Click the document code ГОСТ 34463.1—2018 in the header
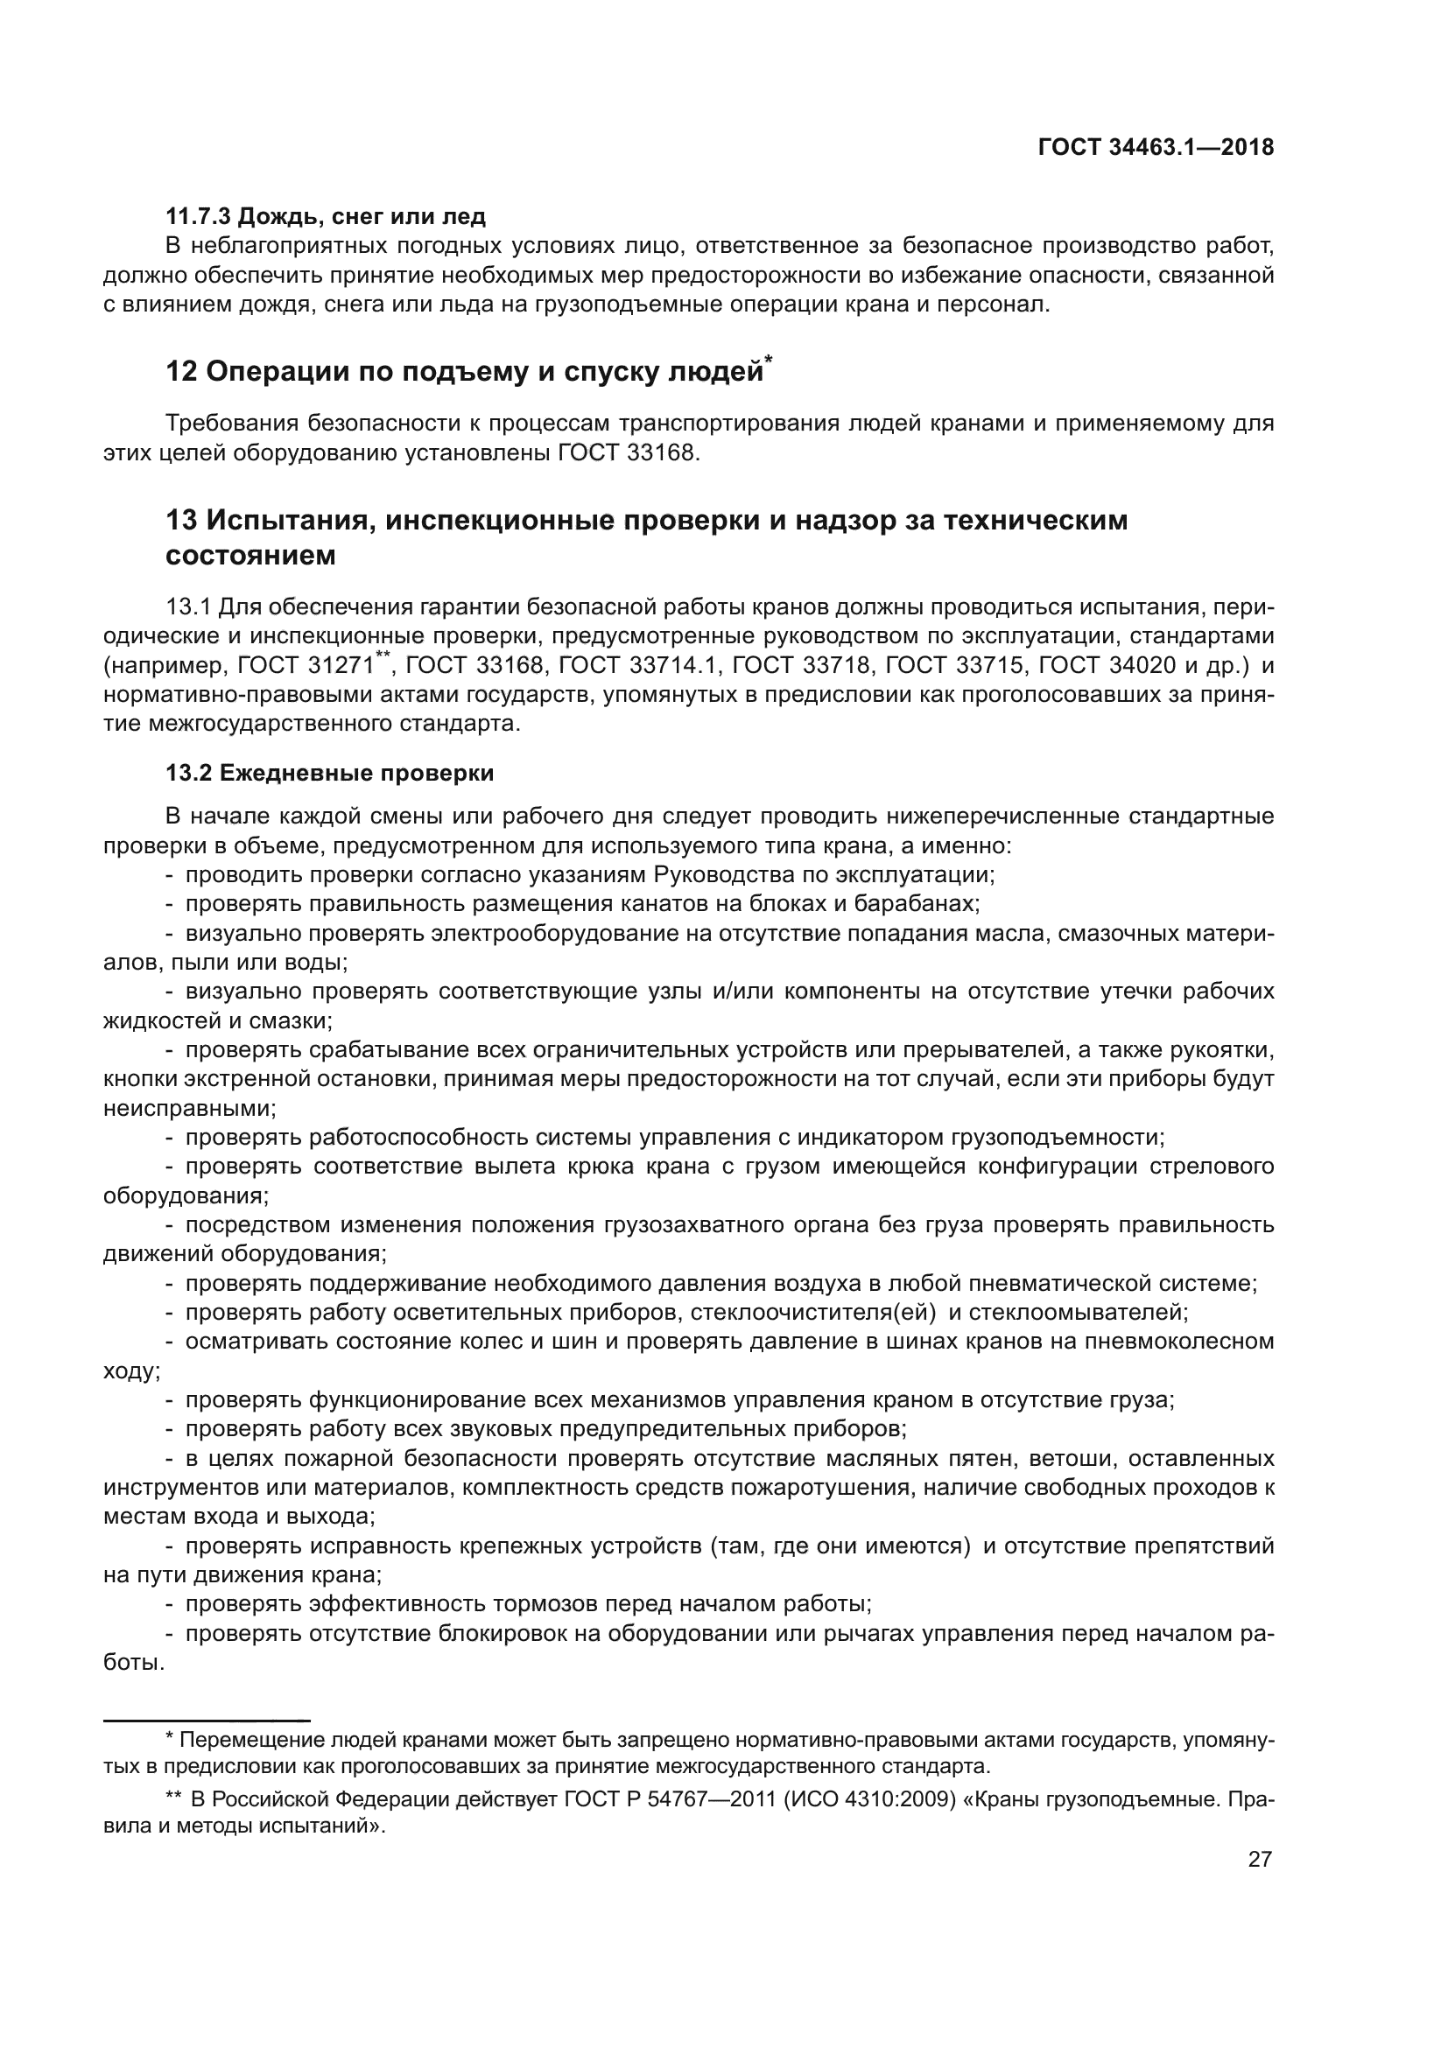coord(1156,148)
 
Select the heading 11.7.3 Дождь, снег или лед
coord(326,216)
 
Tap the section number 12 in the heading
coord(181,372)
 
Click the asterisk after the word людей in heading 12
coord(769,360)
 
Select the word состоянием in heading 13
coord(250,556)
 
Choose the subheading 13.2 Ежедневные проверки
coord(330,773)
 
